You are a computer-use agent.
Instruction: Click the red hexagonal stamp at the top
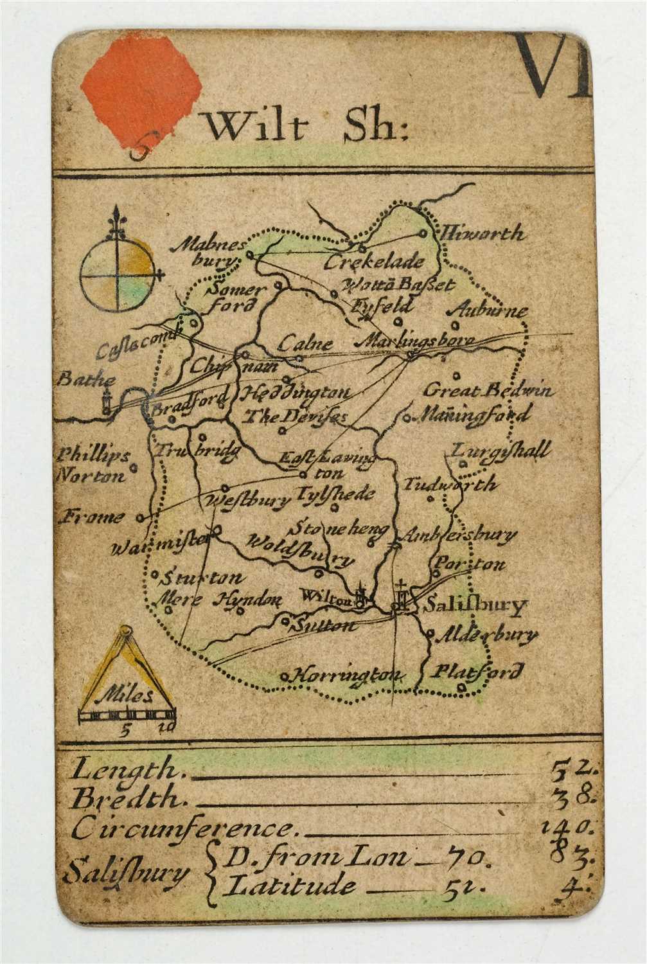point(142,91)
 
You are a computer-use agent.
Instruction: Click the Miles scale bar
point(127,714)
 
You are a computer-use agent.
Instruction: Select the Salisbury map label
point(475,606)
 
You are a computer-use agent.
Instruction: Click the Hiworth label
point(481,233)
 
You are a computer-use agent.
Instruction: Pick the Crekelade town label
point(374,262)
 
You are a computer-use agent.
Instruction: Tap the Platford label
point(476,673)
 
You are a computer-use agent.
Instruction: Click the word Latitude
point(290,887)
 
